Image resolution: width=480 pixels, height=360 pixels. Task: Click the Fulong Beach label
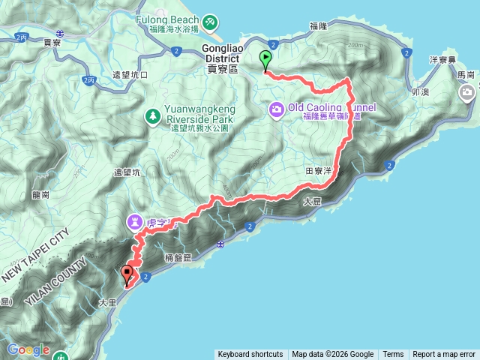click(x=166, y=20)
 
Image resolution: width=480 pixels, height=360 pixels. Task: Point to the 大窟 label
click(x=312, y=202)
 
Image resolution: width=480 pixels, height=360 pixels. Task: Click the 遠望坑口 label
click(x=130, y=76)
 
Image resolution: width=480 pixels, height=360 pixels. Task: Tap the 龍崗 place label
click(x=41, y=194)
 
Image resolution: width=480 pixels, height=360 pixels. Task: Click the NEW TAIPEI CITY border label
click(x=37, y=253)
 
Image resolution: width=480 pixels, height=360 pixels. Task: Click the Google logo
click(x=28, y=349)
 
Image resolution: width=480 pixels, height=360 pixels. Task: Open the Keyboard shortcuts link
click(x=250, y=355)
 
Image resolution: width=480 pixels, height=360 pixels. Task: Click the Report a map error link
click(x=444, y=355)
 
